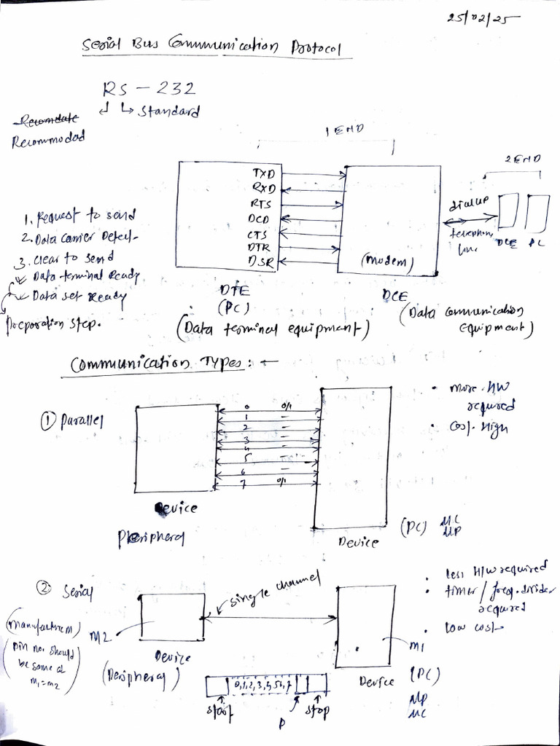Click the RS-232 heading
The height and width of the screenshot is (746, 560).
[149, 90]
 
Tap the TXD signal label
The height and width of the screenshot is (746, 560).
[263, 174]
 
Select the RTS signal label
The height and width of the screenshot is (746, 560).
[261, 204]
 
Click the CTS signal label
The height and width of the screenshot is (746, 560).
[259, 234]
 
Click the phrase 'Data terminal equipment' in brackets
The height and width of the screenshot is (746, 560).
[272, 329]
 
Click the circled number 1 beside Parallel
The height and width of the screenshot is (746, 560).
[50, 420]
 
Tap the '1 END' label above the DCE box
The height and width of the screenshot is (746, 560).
[346, 131]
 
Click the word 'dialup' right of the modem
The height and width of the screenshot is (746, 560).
[470, 201]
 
